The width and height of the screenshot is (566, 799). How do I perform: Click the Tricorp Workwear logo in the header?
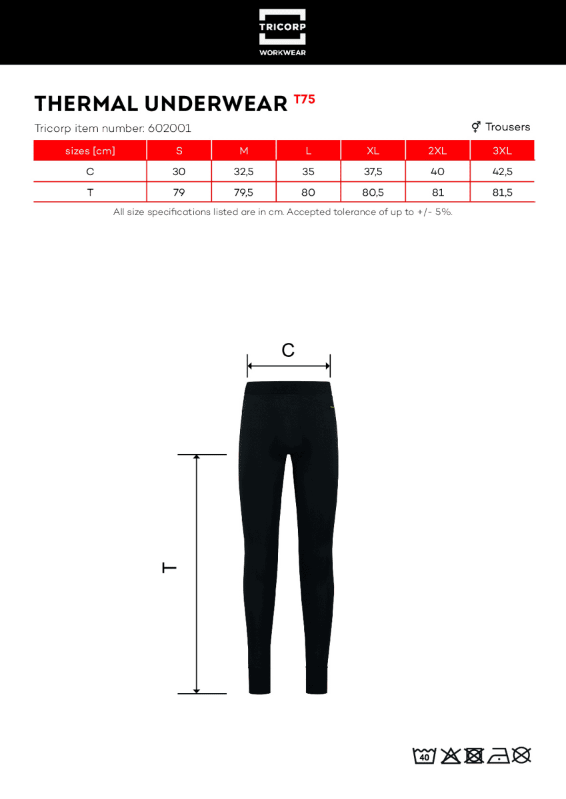(282, 32)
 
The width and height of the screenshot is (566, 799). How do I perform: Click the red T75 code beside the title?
(304, 100)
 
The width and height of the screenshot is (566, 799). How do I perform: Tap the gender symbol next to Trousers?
(476, 127)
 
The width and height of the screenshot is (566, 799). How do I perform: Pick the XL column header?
(373, 151)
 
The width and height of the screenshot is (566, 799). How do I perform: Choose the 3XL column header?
(502, 151)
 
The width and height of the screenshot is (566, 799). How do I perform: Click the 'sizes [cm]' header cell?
(90, 151)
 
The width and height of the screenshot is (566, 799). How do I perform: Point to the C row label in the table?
(90, 172)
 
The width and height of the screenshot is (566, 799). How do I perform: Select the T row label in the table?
(90, 192)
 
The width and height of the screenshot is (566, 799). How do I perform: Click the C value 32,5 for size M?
(243, 172)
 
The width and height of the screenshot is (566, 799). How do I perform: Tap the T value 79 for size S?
(179, 192)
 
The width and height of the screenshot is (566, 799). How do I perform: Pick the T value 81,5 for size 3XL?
(502, 192)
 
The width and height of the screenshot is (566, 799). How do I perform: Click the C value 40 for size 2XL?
(437, 172)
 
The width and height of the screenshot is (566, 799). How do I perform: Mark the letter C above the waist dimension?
(288, 350)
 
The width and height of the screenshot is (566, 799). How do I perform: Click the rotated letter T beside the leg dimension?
(170, 567)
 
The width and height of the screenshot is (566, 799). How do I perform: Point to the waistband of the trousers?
(288, 388)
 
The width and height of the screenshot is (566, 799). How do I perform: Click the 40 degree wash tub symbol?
(424, 756)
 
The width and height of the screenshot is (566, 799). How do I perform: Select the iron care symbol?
(498, 756)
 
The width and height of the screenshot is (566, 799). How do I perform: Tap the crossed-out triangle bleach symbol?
(451, 756)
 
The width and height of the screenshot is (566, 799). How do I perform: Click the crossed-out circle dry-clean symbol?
(522, 755)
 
